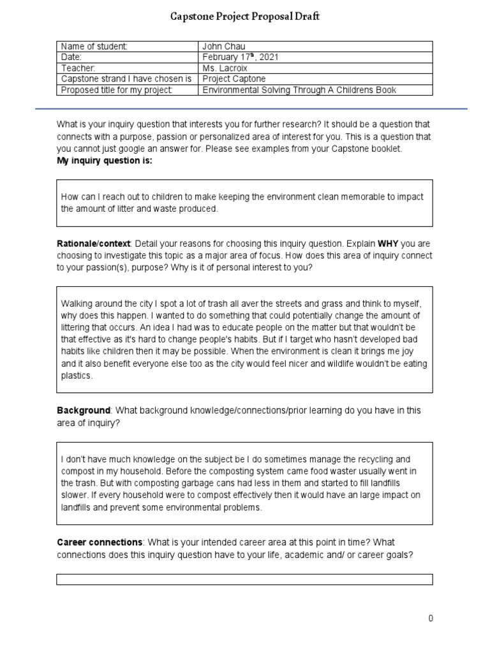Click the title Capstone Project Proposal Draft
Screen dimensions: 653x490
(x=244, y=17)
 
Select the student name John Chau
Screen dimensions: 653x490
(x=223, y=47)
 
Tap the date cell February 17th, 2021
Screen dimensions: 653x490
(x=240, y=57)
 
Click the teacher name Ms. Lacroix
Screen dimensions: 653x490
(x=226, y=68)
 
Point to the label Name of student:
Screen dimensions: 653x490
(x=94, y=47)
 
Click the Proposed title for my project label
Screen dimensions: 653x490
(x=117, y=90)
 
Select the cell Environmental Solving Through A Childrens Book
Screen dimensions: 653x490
(x=299, y=90)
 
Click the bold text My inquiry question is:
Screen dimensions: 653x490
(x=105, y=160)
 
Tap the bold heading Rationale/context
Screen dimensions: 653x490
(x=94, y=244)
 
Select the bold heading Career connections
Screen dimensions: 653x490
(x=100, y=542)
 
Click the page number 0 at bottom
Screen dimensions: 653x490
(x=431, y=619)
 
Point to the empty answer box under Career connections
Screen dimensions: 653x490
(x=244, y=579)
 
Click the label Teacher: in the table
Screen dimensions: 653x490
(x=78, y=68)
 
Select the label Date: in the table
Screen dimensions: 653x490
(x=71, y=57)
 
